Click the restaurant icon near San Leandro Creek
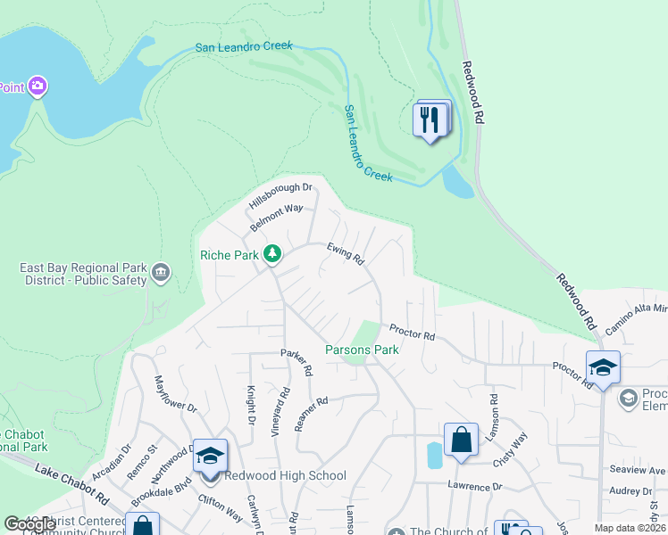(430, 119)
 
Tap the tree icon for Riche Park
(273, 256)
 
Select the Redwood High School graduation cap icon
(210, 456)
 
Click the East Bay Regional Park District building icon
(161, 272)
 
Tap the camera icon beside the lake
(38, 86)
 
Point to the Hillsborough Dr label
(280, 189)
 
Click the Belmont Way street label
(275, 210)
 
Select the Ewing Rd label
(346, 254)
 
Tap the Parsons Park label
(362, 350)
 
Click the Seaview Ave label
(643, 471)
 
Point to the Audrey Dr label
(637, 490)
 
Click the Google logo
(29, 524)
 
